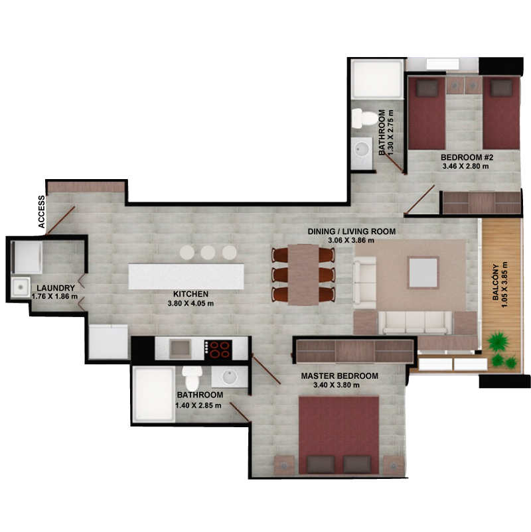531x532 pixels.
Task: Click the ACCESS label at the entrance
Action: point(41,212)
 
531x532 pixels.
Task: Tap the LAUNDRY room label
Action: point(56,288)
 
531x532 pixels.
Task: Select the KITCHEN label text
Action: point(190,294)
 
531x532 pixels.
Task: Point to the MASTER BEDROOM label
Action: point(340,376)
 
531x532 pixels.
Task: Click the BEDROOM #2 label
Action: point(467,157)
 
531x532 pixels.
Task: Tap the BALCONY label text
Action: point(496,282)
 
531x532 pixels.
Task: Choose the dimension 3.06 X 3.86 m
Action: point(351,241)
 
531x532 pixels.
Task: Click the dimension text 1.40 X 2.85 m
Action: point(198,405)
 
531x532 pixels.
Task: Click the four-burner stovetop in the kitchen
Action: point(218,350)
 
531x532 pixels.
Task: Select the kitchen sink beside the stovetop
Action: point(180,349)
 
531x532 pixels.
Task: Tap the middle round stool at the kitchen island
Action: point(208,253)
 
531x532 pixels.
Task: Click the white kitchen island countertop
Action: point(186,277)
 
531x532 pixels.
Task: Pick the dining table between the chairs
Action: point(303,275)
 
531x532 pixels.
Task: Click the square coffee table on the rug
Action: point(423,273)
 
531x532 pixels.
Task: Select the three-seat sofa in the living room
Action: point(415,322)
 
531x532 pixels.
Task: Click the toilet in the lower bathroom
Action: point(192,377)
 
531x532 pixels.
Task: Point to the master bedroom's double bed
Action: point(339,435)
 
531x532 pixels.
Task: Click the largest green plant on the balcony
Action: point(498,342)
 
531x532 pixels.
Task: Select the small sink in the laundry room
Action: point(21,288)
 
